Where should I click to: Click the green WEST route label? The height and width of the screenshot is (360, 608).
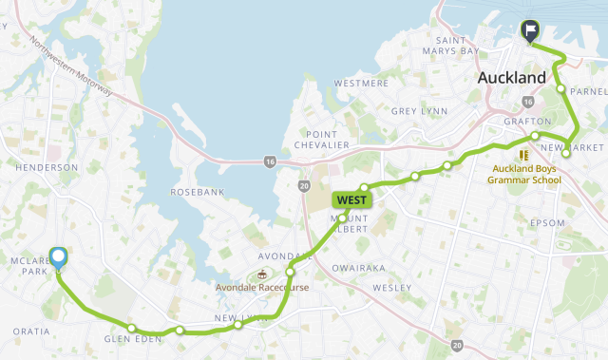tap(351, 200)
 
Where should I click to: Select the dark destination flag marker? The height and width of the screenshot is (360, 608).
tap(530, 31)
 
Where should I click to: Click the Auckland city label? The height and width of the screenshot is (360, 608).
tap(512, 77)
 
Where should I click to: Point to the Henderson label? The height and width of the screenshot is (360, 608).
tap(47, 167)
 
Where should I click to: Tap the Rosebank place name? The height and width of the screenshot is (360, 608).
tap(196, 192)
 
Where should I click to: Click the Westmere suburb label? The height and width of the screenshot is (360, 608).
tap(362, 84)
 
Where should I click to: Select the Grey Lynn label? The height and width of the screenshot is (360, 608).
tap(418, 111)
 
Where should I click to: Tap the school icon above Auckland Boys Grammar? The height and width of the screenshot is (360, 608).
tap(522, 155)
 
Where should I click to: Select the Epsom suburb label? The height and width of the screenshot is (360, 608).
tap(548, 224)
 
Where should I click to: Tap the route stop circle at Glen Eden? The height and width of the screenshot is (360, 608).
tap(132, 329)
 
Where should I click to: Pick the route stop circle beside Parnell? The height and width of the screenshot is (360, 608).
tap(560, 90)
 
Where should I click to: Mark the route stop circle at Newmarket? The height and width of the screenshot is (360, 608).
tap(566, 152)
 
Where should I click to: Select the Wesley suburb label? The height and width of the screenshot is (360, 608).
tap(390, 287)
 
